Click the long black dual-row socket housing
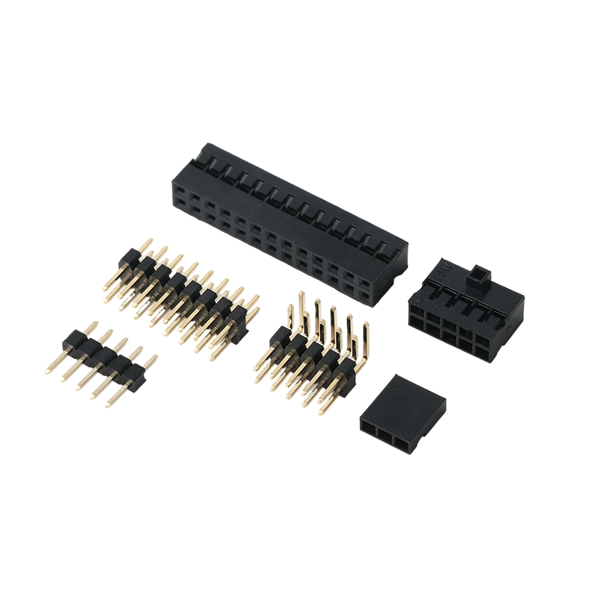click(287, 224)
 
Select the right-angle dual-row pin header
click(313, 351)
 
